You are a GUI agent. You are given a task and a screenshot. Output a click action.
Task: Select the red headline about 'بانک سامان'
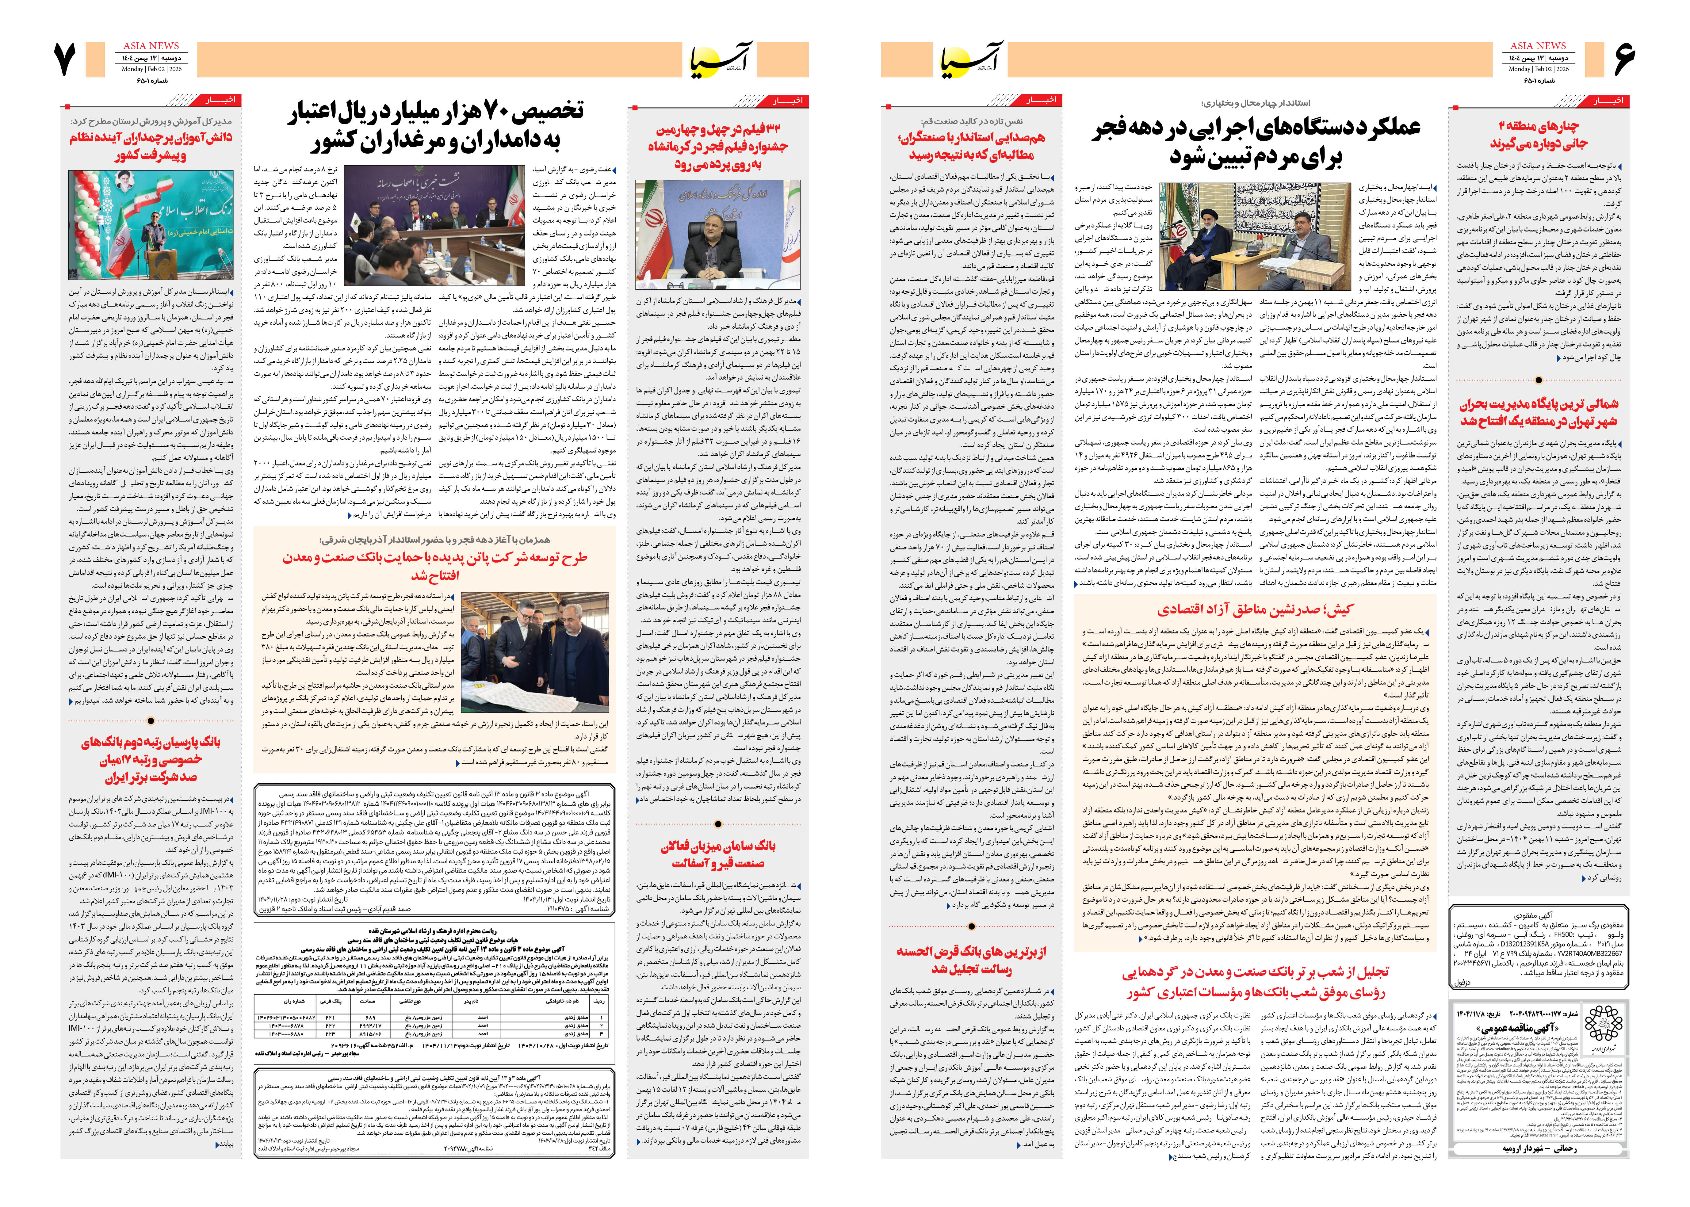click(x=718, y=855)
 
